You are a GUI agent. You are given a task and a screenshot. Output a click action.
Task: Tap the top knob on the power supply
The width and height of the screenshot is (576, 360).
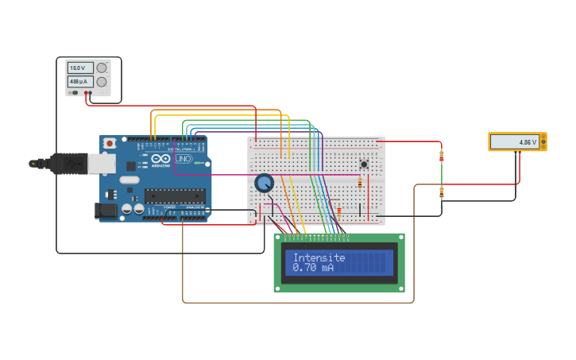point(102,68)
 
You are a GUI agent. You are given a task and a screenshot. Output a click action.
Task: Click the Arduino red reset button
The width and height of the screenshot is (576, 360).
point(109,143)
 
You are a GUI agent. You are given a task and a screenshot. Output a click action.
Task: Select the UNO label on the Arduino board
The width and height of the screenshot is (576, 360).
point(184,159)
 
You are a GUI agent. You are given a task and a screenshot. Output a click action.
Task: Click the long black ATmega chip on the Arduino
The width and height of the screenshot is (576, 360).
point(175,195)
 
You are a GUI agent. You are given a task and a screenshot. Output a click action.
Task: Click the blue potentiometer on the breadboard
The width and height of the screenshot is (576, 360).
point(264,184)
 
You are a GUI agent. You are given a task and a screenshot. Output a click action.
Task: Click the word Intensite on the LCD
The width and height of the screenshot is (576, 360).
point(319,257)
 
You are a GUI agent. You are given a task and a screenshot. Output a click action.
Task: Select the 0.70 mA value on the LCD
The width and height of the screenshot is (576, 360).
point(313,268)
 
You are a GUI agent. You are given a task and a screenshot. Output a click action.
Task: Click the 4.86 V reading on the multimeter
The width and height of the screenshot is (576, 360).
point(527,142)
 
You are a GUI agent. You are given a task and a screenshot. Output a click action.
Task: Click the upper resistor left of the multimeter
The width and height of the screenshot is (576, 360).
point(442,157)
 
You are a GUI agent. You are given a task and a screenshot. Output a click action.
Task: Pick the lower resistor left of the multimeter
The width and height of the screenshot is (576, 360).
point(442,192)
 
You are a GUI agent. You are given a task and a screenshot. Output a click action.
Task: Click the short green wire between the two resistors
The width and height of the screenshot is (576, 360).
point(442,174)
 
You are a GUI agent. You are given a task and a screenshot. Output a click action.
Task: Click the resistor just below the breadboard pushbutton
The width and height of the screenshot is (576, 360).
point(360,183)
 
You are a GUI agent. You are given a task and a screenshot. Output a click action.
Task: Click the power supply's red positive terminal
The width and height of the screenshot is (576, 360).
point(86,93)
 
